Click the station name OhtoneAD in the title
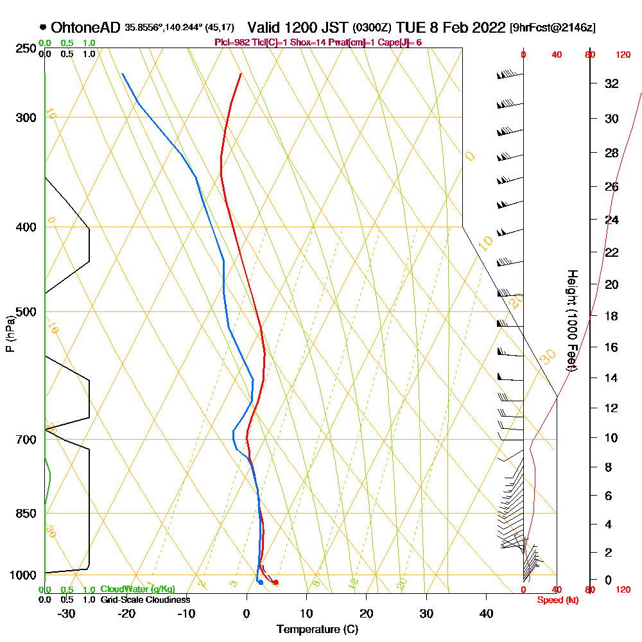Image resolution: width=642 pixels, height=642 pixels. pyautogui.click(x=85, y=28)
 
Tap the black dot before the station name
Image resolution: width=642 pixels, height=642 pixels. pyautogui.click(x=43, y=27)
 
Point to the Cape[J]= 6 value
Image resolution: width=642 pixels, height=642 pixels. pyautogui.click(x=401, y=42)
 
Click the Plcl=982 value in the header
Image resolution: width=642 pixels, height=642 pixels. pyautogui.click(x=235, y=42)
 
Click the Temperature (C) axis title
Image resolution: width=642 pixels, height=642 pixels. pyautogui.click(x=317, y=630)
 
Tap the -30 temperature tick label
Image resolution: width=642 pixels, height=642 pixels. pyautogui.click(x=66, y=614)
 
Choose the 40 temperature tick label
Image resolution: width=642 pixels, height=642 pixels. pyautogui.click(x=486, y=614)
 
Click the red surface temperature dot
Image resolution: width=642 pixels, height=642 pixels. pyautogui.click(x=276, y=582)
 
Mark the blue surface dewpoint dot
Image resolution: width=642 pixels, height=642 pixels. pyautogui.click(x=260, y=582)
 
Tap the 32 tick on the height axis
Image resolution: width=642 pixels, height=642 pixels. pyautogui.click(x=612, y=83)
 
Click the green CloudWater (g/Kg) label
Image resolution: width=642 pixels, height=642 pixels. pyautogui.click(x=137, y=589)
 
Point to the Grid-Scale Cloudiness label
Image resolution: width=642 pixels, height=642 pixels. pyautogui.click(x=144, y=600)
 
